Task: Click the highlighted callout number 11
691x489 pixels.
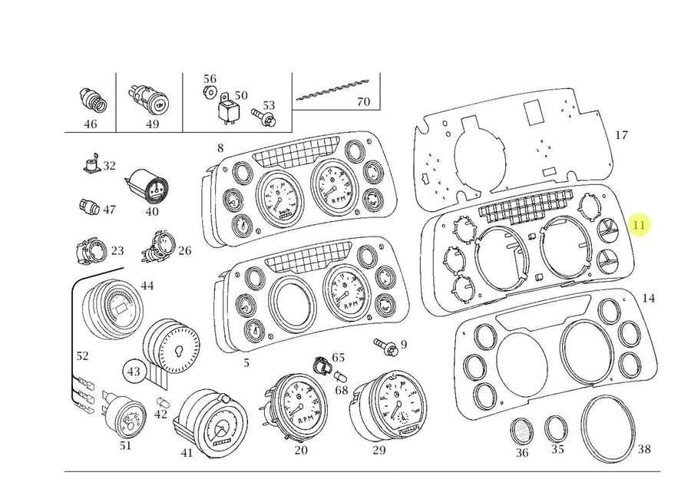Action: [639, 225]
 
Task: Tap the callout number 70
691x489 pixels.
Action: [363, 101]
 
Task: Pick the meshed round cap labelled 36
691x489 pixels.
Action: [522, 431]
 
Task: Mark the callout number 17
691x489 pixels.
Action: [621, 135]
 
